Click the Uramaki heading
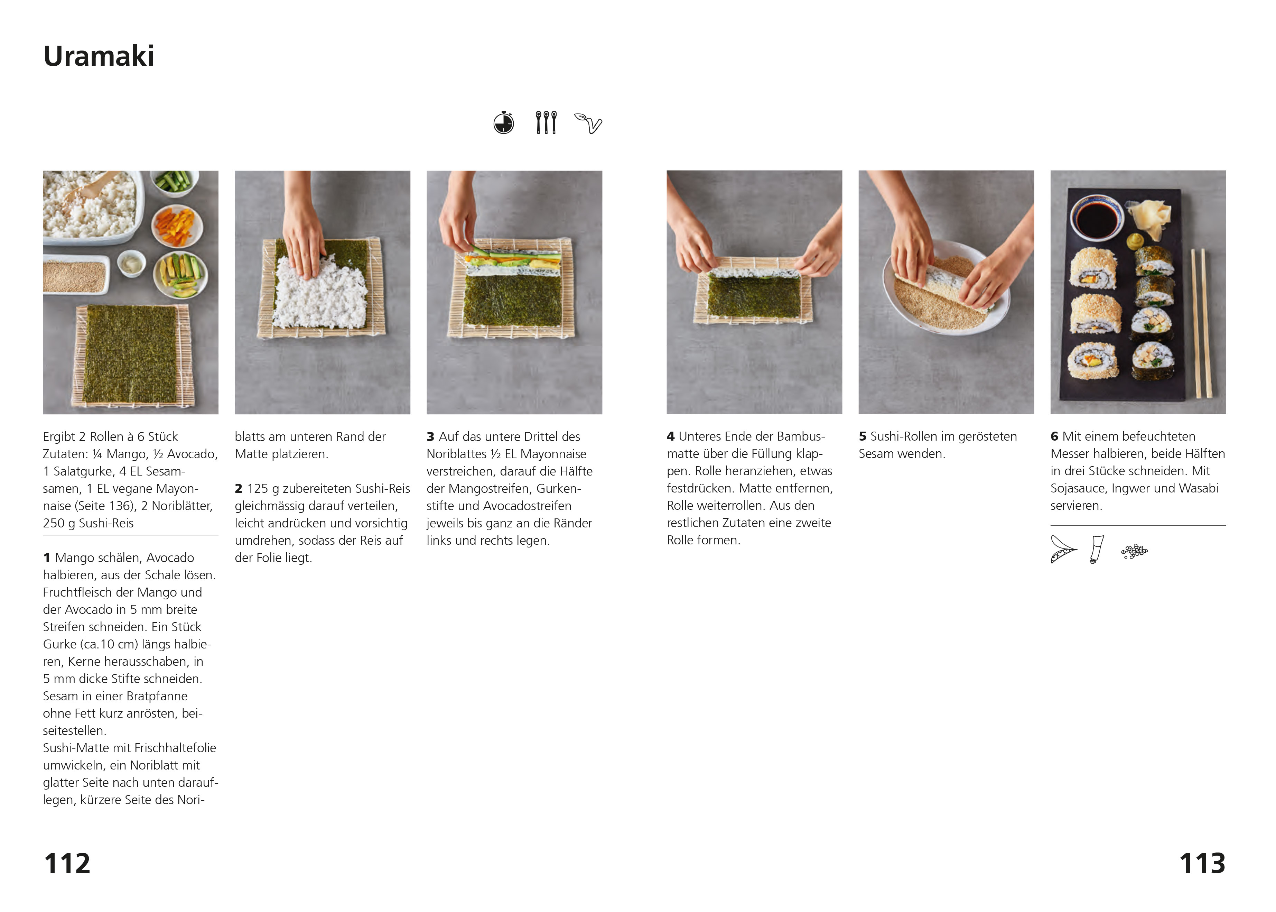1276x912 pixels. (99, 56)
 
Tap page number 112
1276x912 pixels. (67, 863)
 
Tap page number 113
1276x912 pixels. (1202, 863)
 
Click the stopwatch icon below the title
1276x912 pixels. (504, 122)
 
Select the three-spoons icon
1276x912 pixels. (546, 122)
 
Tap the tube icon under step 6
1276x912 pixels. (1096, 549)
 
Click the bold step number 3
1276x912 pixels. (430, 437)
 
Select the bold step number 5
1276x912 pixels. (863, 436)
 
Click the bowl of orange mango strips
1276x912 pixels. (177, 226)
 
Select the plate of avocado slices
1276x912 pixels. (180, 275)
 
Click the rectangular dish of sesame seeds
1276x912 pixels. (75, 275)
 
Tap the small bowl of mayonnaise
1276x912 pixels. (131, 264)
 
